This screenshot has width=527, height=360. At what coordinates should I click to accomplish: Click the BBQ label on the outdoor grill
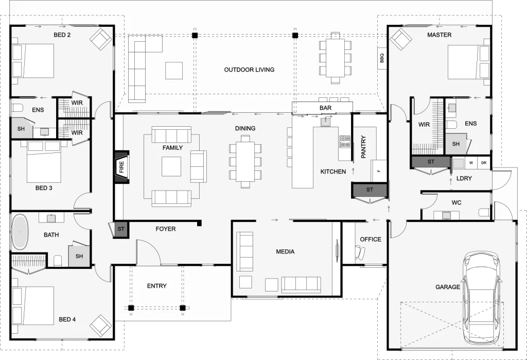[x=381, y=59]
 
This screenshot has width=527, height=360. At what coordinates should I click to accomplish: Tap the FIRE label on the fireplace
[x=121, y=166]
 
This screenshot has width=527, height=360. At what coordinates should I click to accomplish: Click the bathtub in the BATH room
[x=20, y=232]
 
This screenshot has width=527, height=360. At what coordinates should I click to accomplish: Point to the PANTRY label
[x=363, y=147]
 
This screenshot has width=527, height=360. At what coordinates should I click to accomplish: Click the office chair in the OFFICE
[x=360, y=252]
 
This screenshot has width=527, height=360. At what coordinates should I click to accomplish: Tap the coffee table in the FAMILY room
[x=171, y=166]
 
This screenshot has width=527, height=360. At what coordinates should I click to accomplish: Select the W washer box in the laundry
[x=471, y=163]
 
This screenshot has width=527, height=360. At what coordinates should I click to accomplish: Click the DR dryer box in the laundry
[x=484, y=163]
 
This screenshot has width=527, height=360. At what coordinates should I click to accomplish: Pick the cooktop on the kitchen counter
[x=344, y=142]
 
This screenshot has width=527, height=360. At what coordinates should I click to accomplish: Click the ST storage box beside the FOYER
[x=121, y=229]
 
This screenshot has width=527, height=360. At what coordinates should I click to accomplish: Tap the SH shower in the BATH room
[x=79, y=256]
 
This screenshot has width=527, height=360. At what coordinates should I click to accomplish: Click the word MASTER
[x=440, y=35]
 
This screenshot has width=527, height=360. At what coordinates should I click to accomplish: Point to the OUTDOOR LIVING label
[x=249, y=70]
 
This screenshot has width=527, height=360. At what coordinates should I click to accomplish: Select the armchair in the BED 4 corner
[x=100, y=324]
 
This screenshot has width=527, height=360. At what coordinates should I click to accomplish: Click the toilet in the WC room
[x=484, y=213]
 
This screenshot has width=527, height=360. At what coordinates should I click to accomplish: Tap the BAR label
[x=325, y=108]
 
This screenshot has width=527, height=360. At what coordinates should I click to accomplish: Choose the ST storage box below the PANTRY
[x=370, y=190]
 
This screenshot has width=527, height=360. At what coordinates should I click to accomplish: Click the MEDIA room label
[x=285, y=252]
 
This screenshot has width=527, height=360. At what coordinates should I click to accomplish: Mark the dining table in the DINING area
[x=245, y=162]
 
